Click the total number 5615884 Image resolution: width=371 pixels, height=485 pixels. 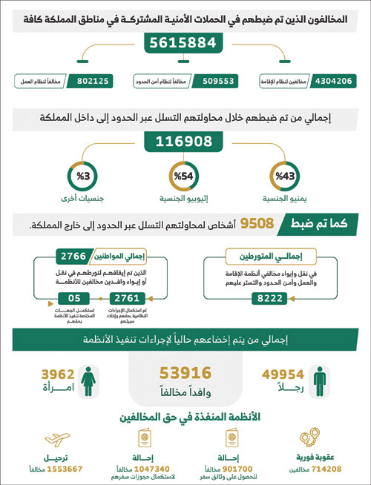pyautogui.click(x=185, y=43)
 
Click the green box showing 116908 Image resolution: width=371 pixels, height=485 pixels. pyautogui.click(x=185, y=141)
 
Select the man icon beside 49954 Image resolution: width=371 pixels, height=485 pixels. pyautogui.click(x=319, y=378)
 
